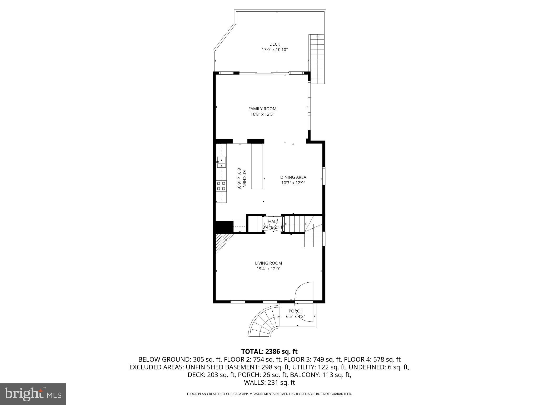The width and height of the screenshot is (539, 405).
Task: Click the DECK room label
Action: tap(275, 44)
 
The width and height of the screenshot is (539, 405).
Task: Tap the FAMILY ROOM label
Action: tap(262, 109)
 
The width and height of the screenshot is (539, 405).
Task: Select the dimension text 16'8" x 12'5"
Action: tap(262, 114)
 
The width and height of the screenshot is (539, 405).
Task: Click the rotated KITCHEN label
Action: tap(244, 179)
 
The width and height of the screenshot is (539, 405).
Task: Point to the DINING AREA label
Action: tap(293, 177)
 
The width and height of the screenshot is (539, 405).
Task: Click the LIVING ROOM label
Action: tap(268, 263)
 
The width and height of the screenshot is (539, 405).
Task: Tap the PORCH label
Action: tap(295, 311)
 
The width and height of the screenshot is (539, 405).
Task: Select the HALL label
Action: tap(273, 222)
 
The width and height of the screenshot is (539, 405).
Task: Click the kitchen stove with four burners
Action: tap(221, 186)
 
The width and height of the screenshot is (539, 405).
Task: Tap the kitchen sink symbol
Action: tap(221, 162)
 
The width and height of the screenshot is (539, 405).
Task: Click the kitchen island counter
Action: tap(258, 166)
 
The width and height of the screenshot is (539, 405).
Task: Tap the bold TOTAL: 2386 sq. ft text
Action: tap(269, 351)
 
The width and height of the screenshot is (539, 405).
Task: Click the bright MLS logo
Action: tap(33, 394)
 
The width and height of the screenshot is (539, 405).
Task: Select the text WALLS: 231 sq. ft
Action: tap(269, 383)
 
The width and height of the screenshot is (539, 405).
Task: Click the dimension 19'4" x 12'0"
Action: tap(268, 269)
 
